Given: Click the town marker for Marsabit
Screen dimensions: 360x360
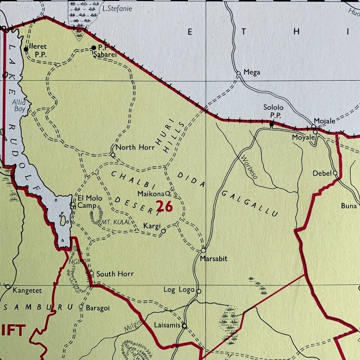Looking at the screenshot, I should click(203, 250).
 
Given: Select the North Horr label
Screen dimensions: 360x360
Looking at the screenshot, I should click(135, 147).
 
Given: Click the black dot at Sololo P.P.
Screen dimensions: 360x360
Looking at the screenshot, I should click(272, 123).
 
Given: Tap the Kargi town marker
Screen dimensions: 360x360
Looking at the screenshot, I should click(163, 231).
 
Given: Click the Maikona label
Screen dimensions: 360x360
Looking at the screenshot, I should click(151, 194).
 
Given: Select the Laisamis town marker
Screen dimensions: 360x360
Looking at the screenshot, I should click(184, 326).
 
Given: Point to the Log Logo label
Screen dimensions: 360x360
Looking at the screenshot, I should click(179, 290).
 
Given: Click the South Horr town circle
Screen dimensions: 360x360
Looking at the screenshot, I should click(92, 273).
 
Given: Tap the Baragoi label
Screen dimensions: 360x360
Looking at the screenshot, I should click(97, 308).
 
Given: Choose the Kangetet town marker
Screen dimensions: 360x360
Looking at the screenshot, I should click(8, 286).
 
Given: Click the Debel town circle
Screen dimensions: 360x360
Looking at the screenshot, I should click(335, 173).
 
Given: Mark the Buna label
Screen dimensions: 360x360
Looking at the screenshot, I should click(348, 206).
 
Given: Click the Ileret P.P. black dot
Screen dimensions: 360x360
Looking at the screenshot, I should click(26, 49).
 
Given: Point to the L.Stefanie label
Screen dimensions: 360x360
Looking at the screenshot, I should click(117, 9).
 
